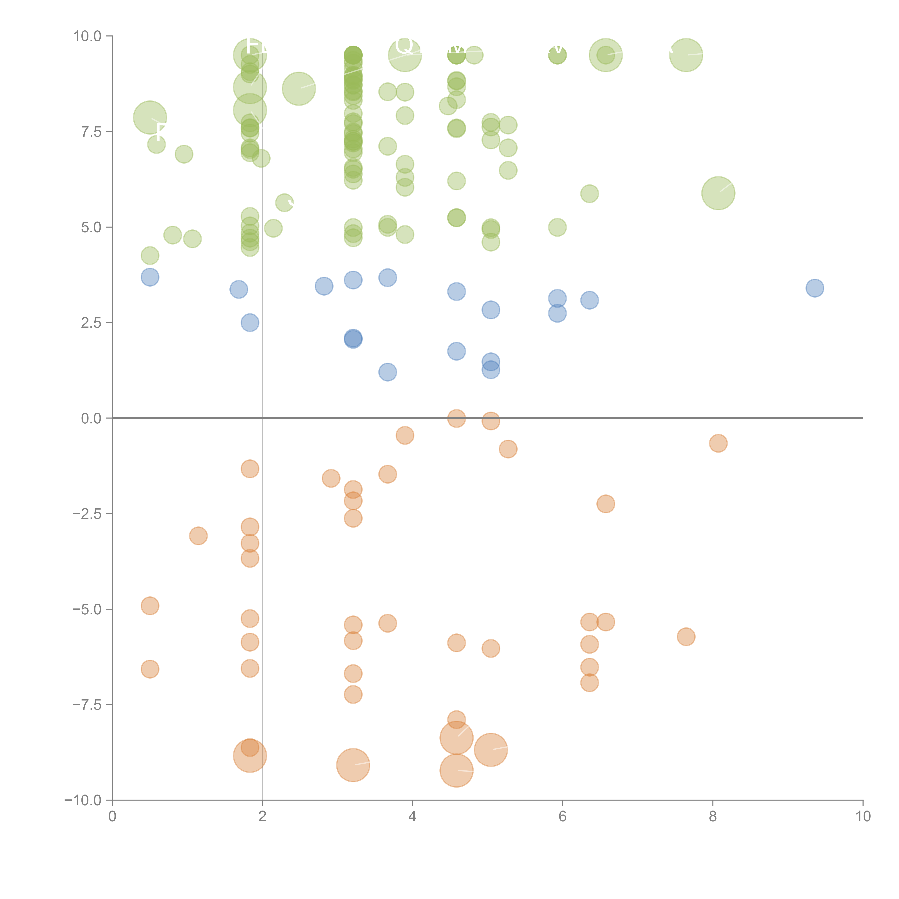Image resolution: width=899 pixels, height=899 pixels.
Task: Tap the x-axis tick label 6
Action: tap(563, 816)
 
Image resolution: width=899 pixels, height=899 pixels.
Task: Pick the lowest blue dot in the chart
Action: tap(388, 372)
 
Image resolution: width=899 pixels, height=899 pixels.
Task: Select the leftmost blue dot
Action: tap(150, 277)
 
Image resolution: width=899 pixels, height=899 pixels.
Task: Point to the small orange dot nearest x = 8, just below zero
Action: tap(718, 443)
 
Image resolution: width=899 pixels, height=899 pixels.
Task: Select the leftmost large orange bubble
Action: tap(250, 756)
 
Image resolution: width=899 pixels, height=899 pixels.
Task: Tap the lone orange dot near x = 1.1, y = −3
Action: tap(198, 536)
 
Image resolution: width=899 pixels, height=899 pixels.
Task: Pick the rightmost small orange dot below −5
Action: tap(686, 636)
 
